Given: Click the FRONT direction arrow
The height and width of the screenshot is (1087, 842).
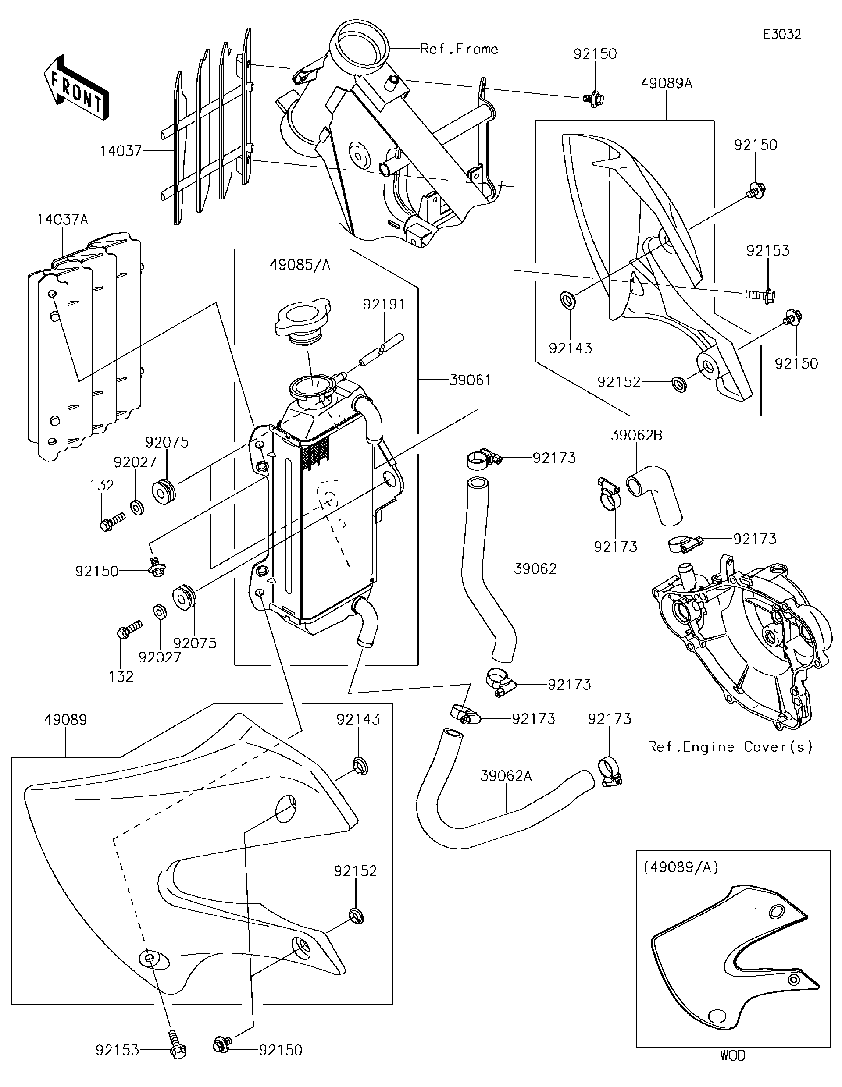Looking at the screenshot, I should [76, 89].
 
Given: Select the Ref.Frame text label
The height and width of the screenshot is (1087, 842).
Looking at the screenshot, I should [459, 49].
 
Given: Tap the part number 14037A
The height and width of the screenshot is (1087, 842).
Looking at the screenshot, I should [62, 220].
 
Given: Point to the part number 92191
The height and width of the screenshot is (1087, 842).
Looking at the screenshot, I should [383, 304].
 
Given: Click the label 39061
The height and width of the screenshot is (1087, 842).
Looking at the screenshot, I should [470, 380].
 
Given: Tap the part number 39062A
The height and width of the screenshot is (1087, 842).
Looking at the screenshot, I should [506, 775].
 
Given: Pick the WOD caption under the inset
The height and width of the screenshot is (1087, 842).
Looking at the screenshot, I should [733, 1069].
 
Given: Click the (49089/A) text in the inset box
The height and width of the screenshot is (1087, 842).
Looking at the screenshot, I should [681, 867].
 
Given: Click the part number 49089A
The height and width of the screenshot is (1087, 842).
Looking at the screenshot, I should [666, 83].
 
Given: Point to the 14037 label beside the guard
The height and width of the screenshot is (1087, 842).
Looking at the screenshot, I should [121, 150].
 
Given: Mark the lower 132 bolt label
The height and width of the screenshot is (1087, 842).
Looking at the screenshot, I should [121, 676].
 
